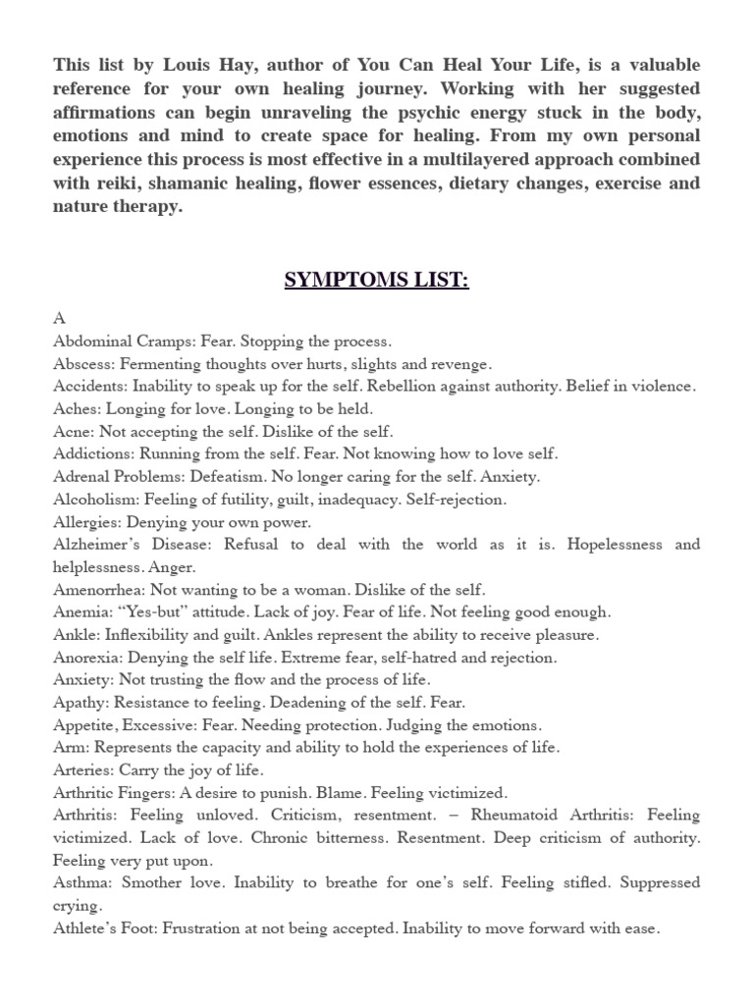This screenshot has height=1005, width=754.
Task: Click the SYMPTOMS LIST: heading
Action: (377, 281)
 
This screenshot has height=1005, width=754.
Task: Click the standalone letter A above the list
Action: (58, 319)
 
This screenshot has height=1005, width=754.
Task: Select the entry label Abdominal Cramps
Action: (123, 342)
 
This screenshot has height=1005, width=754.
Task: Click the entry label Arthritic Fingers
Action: (114, 793)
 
